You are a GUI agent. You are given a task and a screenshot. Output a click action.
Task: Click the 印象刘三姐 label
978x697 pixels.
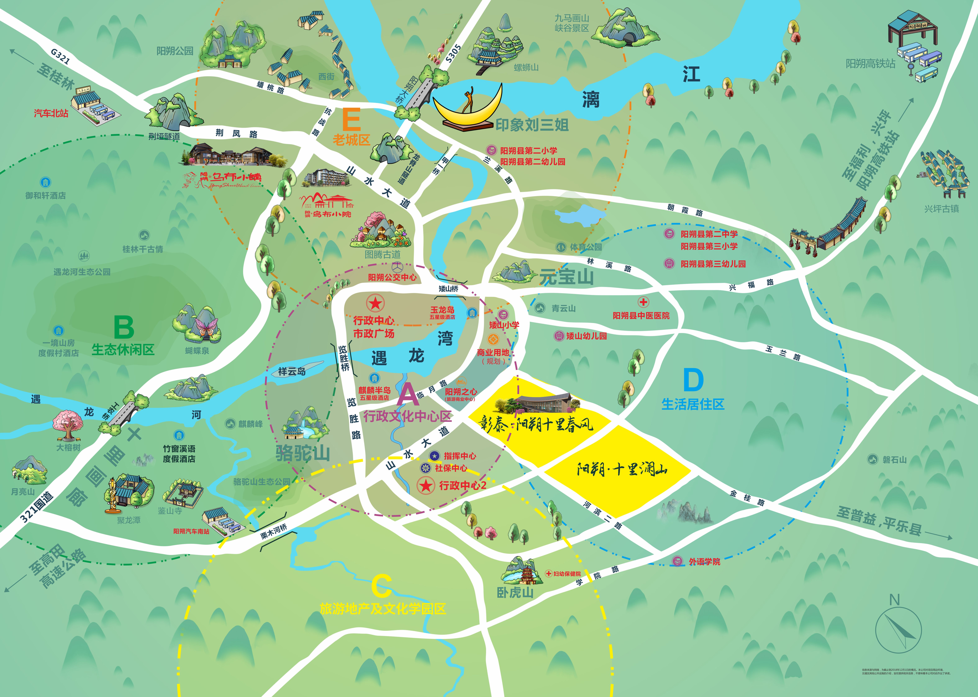[x=532, y=125]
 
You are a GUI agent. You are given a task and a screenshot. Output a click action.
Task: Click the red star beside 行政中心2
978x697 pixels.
[x=426, y=486]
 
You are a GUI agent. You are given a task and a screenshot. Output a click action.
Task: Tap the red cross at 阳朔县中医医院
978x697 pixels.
[x=643, y=302]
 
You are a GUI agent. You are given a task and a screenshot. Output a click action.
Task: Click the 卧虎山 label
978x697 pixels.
[x=515, y=593]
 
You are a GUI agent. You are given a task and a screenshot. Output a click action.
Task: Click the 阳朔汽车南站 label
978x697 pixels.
[x=191, y=531]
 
